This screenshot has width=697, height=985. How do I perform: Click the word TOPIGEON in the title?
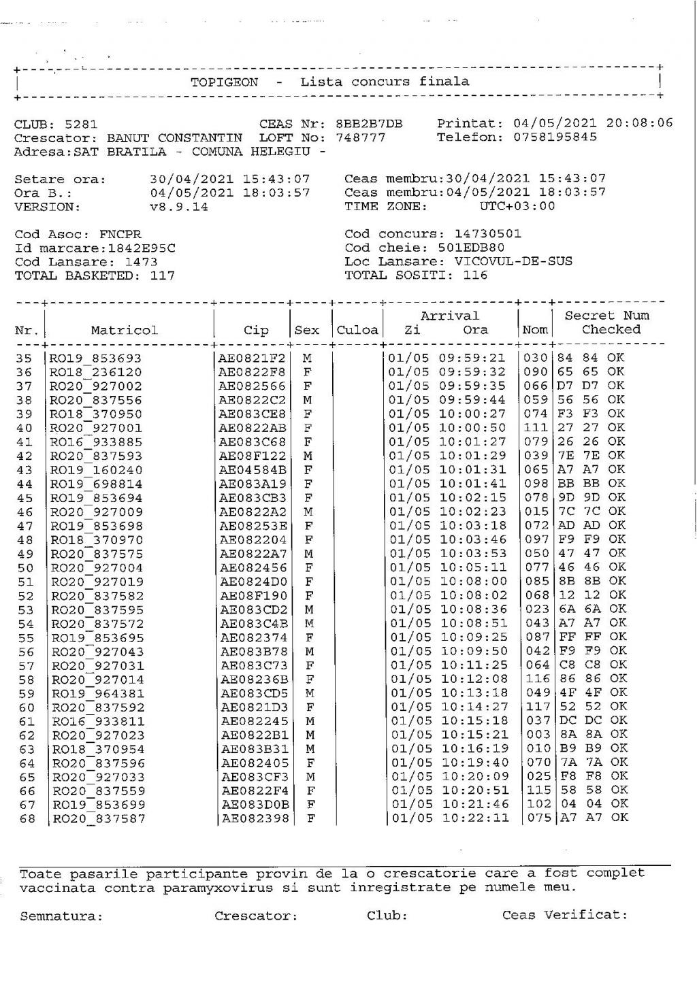click(224, 82)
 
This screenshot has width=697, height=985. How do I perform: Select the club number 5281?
click(81, 124)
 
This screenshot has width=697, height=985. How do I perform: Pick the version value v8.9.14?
click(179, 207)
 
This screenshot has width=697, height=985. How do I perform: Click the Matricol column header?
click(124, 331)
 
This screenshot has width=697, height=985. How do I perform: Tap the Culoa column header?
click(357, 331)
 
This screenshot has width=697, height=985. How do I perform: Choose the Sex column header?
click(307, 331)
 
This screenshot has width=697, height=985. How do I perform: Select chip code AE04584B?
click(253, 469)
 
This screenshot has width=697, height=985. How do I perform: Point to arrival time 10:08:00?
click(473, 581)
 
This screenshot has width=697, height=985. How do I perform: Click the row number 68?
click(25, 818)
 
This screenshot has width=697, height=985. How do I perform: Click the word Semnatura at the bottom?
click(61, 916)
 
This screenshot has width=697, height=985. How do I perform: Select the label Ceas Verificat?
click(564, 915)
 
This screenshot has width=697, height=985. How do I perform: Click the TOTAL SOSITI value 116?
click(475, 276)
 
